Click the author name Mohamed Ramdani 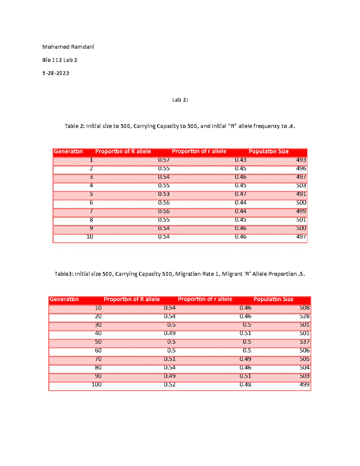(x=68, y=47)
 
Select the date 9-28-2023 (x=55, y=73)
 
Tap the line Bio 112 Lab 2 (x=60, y=60)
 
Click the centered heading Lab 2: (x=180, y=100)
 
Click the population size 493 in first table (x=301, y=160)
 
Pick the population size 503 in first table (x=301, y=185)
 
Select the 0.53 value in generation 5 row (x=164, y=194)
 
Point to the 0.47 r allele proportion (x=241, y=194)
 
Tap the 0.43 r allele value (x=241, y=160)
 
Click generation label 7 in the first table (x=91, y=211)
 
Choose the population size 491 (x=301, y=194)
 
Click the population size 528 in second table (x=304, y=316)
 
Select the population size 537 (x=304, y=342)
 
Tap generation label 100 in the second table (x=97, y=384)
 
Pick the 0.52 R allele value (x=169, y=384)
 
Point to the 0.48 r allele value (x=245, y=384)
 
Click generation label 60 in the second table (x=98, y=350)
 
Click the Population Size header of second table (x=273, y=299)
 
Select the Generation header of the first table (x=68, y=152)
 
